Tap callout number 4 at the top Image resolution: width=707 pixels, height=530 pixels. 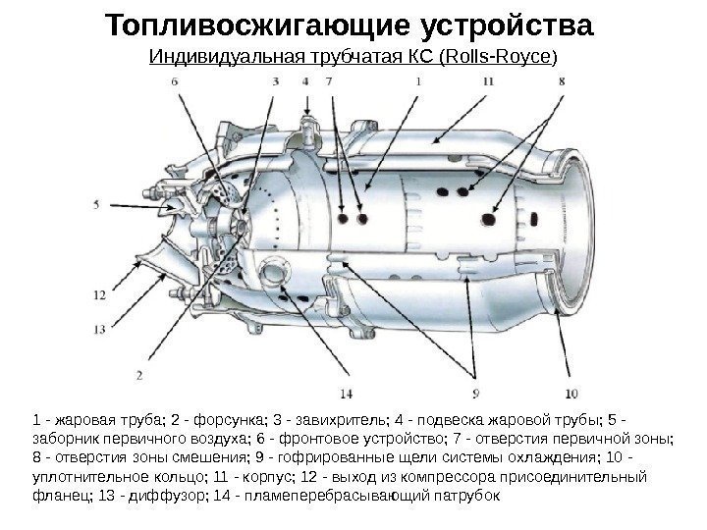point(306,83)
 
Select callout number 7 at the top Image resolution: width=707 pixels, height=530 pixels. point(329,83)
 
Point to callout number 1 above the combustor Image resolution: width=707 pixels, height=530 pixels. point(419,83)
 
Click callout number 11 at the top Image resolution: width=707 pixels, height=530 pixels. point(489,83)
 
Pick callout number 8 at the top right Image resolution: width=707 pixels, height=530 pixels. point(561,83)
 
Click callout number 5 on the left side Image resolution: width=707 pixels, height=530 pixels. point(96,205)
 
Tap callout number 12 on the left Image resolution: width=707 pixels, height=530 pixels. point(99,293)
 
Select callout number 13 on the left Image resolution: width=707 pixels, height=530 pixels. point(99,329)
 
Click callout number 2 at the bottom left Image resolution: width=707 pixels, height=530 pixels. point(140,374)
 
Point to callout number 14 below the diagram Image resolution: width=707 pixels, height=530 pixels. point(346,396)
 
